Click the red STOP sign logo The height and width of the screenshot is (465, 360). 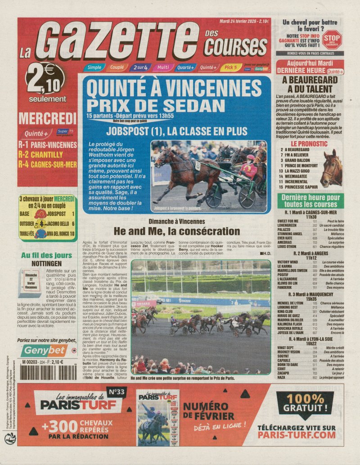332,39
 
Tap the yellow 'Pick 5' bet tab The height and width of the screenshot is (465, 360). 230,67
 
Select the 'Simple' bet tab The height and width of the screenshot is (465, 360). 94,67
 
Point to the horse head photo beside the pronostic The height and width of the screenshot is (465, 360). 332,169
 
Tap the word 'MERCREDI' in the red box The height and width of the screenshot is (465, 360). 48,119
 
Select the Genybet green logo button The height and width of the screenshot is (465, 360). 40,351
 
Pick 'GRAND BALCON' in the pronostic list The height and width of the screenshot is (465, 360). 297,160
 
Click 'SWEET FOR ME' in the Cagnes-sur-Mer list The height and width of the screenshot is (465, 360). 288,222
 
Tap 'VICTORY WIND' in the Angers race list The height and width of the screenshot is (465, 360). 288,262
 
